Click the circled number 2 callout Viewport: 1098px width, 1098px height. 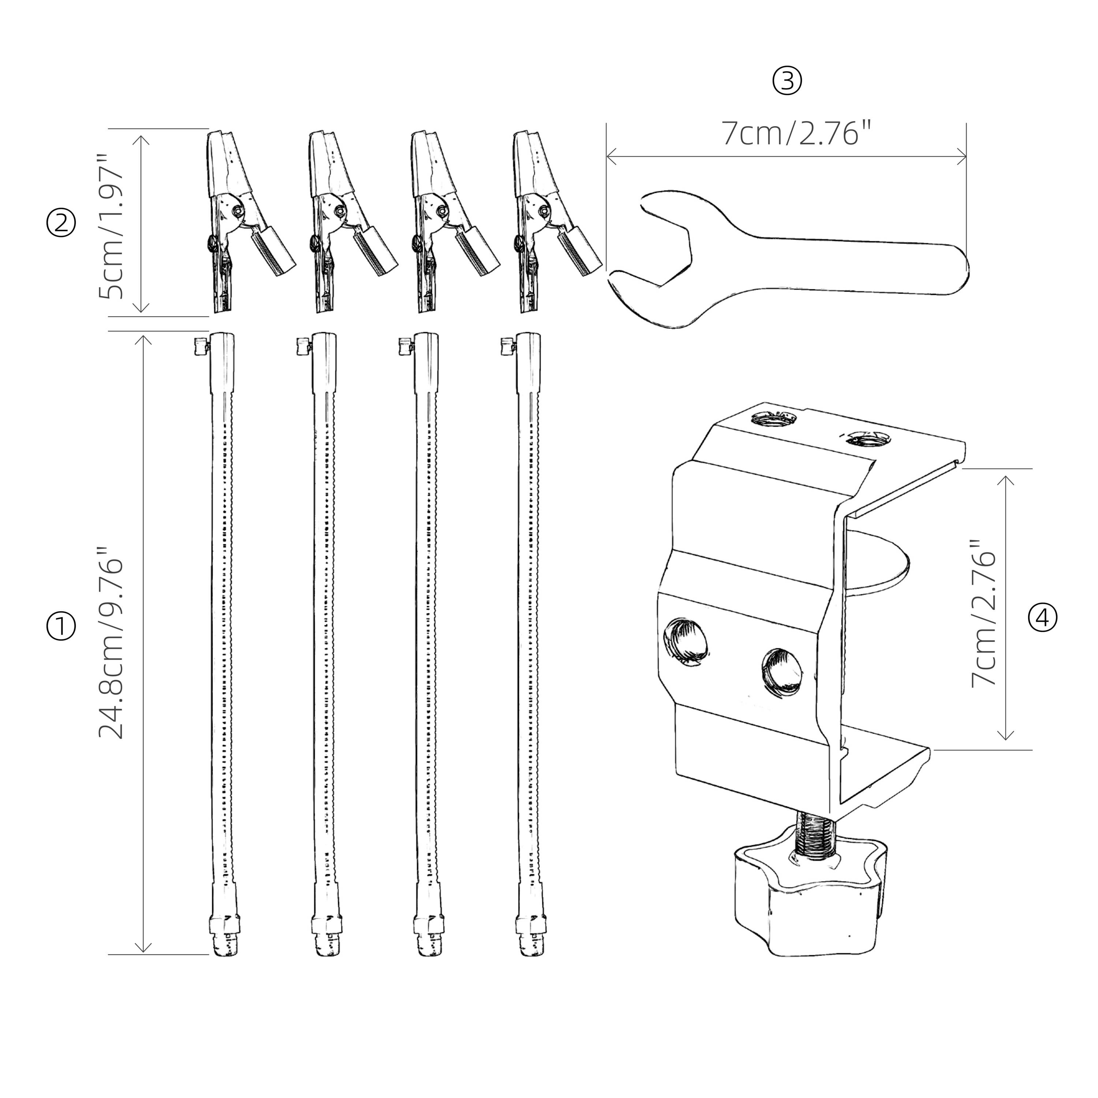click(60, 223)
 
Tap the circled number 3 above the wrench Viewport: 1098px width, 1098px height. click(787, 81)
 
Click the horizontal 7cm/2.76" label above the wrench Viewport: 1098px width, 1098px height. click(796, 134)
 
